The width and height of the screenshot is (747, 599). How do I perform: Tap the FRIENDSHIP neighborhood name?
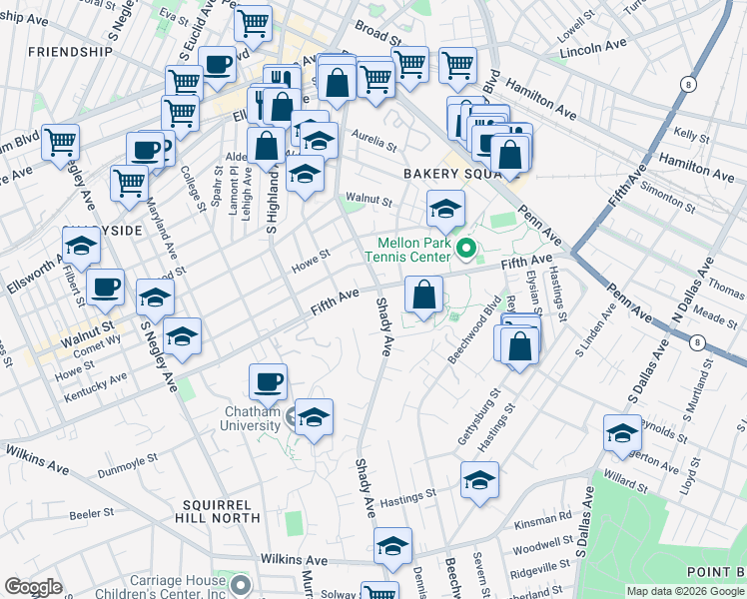click(70, 51)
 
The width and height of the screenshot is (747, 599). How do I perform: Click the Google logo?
click(34, 587)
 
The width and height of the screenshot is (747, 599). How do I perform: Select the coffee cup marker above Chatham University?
click(268, 381)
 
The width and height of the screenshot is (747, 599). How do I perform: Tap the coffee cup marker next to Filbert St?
click(105, 289)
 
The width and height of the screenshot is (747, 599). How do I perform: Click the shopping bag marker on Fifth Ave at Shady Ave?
click(423, 295)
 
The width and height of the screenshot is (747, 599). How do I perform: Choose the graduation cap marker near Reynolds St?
click(622, 433)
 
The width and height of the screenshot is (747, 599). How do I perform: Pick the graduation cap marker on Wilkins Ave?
click(392, 546)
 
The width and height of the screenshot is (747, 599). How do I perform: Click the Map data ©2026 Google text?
click(685, 591)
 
